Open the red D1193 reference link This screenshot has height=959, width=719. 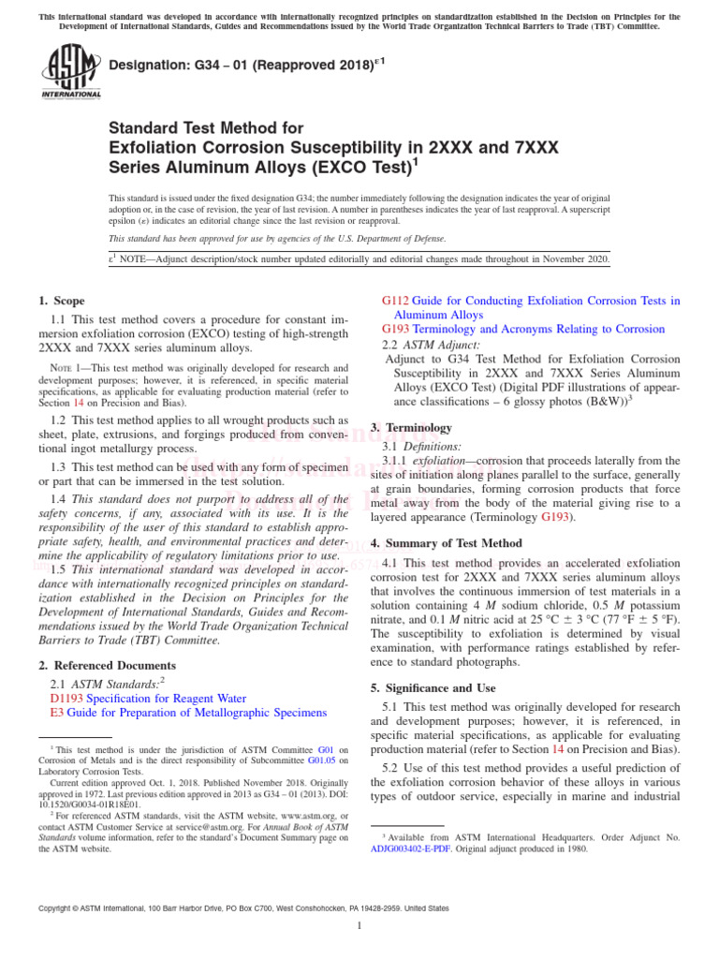click(66, 698)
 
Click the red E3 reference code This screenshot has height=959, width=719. click(56, 713)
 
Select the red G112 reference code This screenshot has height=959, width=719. click(395, 301)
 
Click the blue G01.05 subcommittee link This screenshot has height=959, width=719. click(323, 760)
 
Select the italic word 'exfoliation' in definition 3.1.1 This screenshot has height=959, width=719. click(438, 460)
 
